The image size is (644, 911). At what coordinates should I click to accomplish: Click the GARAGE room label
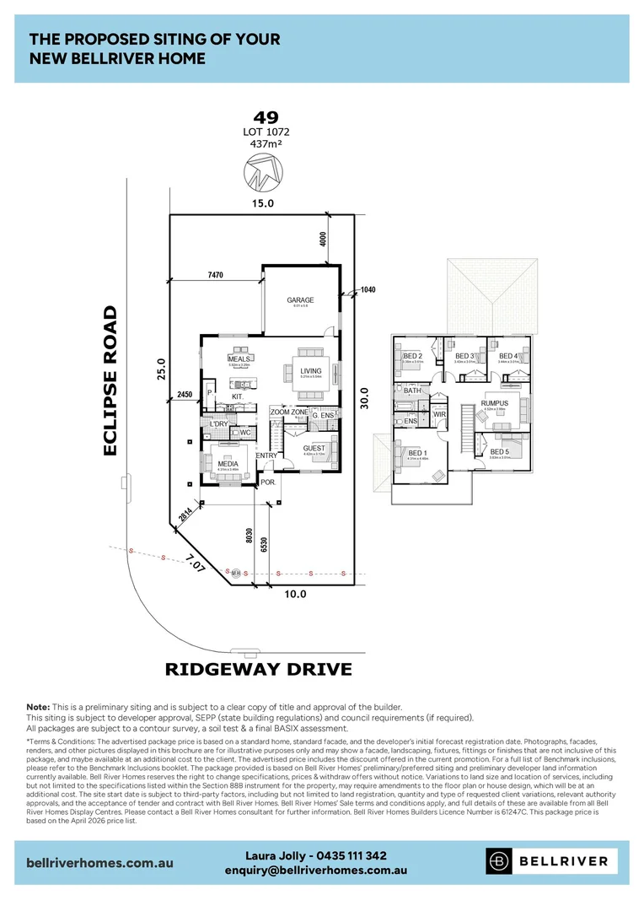[300, 299]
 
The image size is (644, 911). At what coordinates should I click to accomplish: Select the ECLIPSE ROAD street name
[110, 380]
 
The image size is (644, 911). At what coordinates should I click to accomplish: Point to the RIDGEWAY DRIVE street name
[257, 670]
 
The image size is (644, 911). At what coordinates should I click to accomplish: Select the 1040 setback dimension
[368, 289]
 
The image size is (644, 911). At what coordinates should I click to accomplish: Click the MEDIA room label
[228, 464]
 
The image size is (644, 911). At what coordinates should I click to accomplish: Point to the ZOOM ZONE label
[289, 412]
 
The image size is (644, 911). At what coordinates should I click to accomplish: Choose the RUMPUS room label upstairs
[495, 403]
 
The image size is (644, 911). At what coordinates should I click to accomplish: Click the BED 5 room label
[500, 452]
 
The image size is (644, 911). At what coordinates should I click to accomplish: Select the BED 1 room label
[417, 453]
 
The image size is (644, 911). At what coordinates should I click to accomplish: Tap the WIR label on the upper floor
[439, 414]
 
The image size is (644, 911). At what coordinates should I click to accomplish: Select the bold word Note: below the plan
[38, 706]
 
